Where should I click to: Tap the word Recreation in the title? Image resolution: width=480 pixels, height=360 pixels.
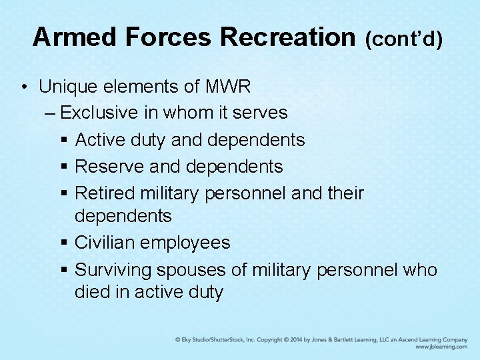289,37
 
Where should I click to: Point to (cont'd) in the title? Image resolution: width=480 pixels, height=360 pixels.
403,39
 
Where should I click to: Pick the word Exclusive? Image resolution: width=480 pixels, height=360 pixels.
99,113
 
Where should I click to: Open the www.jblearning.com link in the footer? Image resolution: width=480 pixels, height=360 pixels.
441,347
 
